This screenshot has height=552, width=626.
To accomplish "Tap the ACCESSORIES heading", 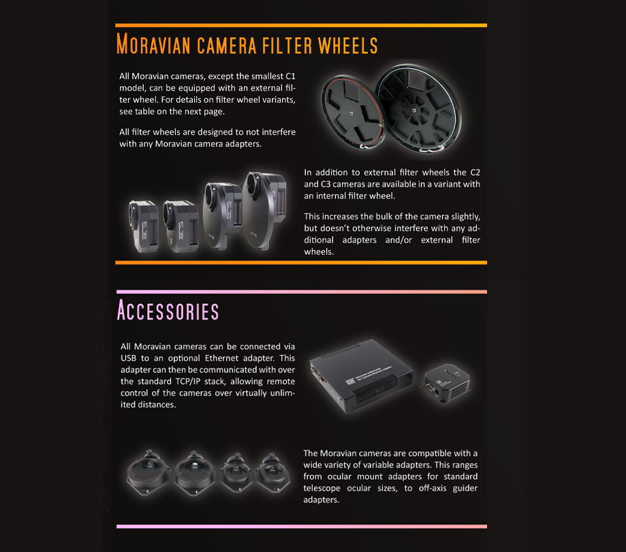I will (x=168, y=311).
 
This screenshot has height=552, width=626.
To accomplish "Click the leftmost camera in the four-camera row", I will (x=144, y=225).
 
